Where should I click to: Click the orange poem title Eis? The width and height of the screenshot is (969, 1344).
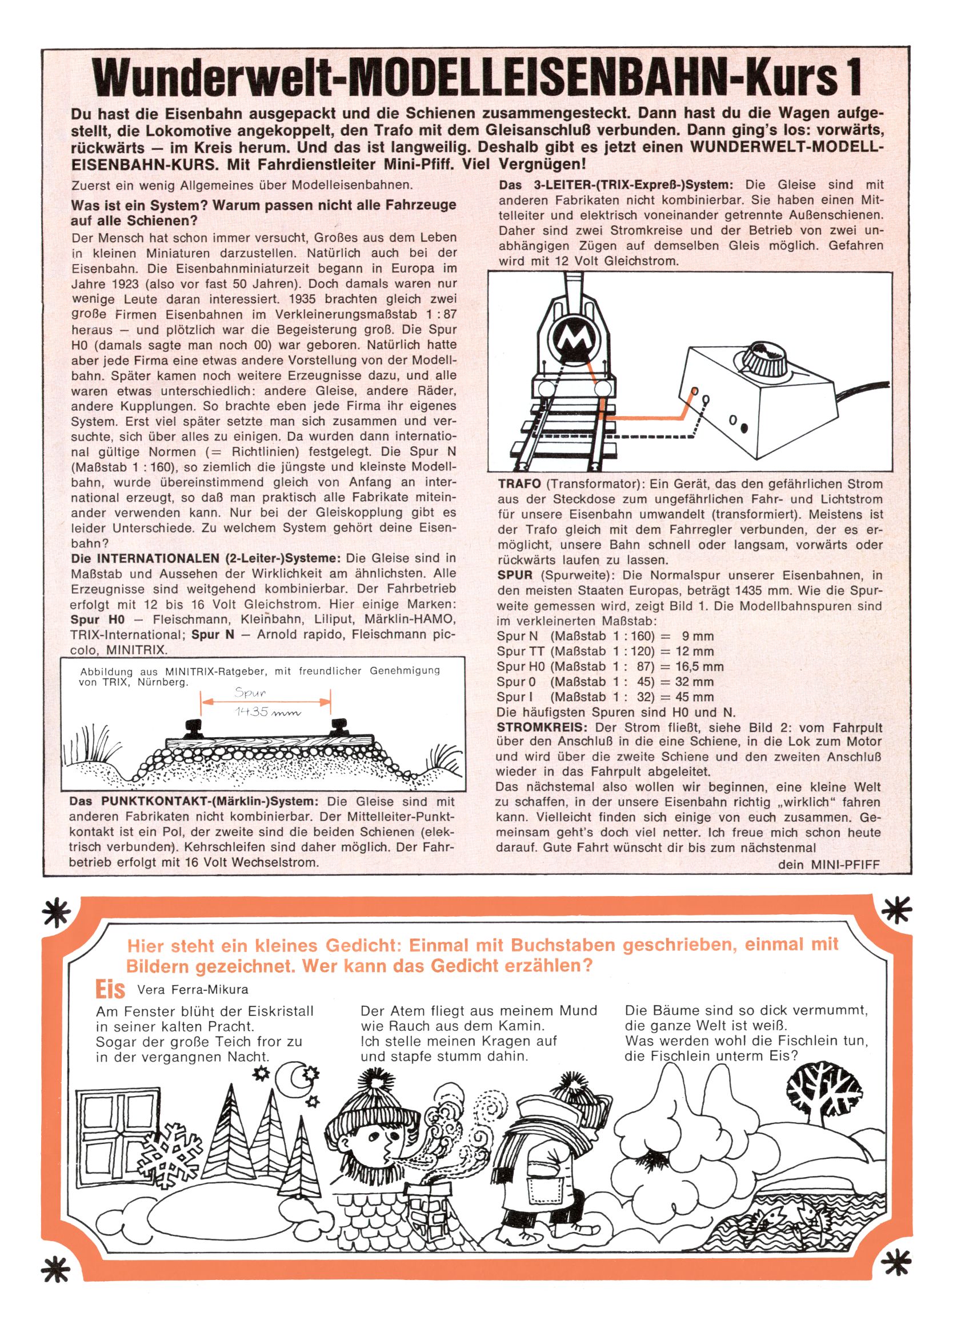tap(110, 989)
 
